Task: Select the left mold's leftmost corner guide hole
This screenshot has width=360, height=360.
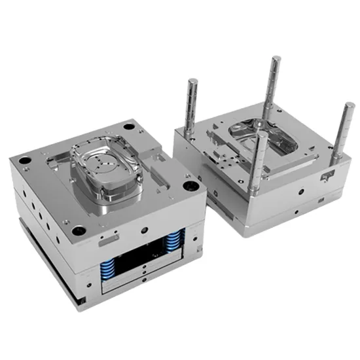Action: [24, 160]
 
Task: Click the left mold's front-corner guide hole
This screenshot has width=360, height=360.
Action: [79, 230]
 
